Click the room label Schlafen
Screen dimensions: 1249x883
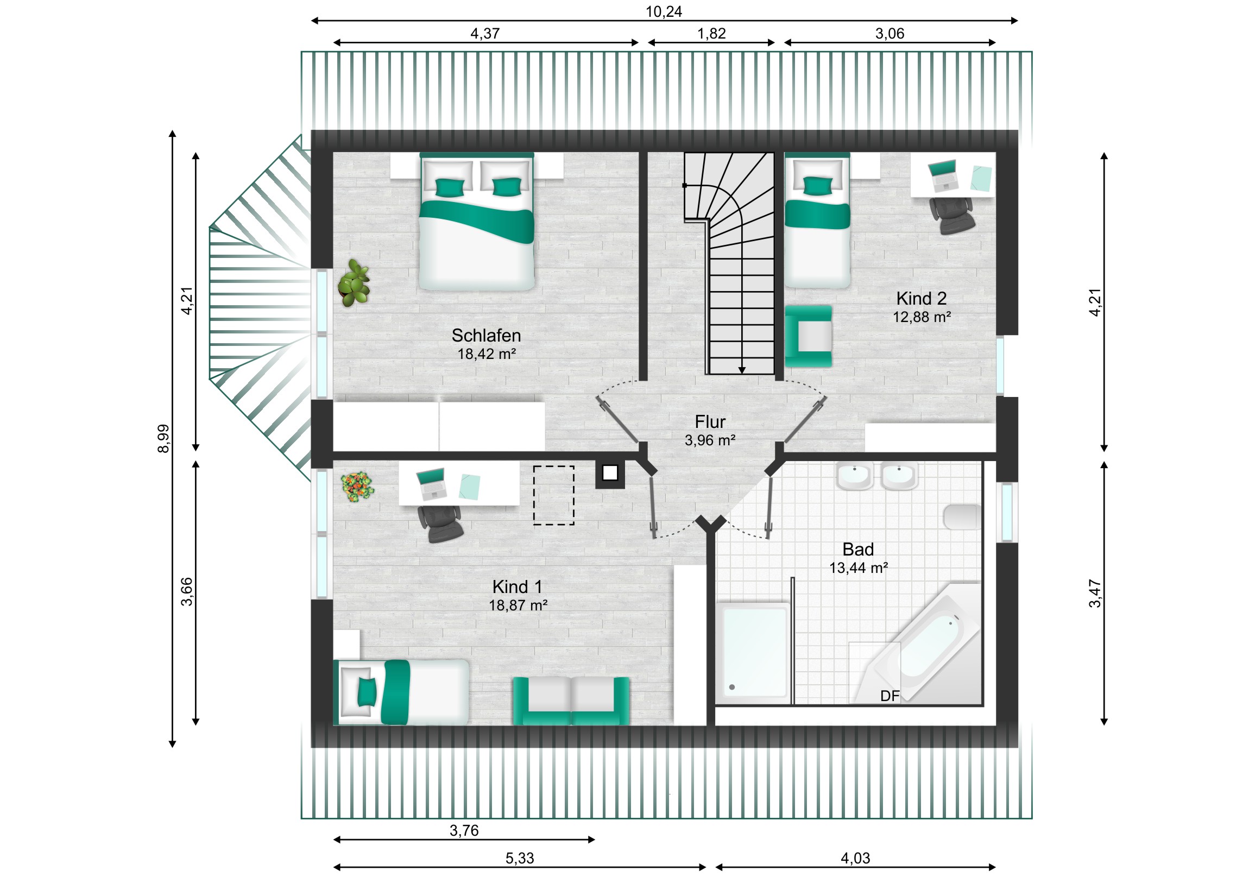(x=486, y=335)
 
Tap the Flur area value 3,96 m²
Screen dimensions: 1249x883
(x=710, y=440)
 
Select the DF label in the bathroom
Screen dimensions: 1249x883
(x=890, y=696)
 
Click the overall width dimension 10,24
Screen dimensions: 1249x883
(x=664, y=11)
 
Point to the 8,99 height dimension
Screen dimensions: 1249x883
(x=163, y=438)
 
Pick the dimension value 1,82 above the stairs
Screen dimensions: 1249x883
(x=711, y=34)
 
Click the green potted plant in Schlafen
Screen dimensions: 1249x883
(x=354, y=283)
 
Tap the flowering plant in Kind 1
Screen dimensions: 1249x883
(x=357, y=487)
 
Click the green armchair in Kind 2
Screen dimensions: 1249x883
(x=809, y=336)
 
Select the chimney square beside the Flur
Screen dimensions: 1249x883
(x=610, y=474)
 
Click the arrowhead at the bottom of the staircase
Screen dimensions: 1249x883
(x=741, y=370)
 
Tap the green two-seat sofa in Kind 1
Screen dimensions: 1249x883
(x=571, y=701)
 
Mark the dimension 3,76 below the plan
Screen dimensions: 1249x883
(x=464, y=831)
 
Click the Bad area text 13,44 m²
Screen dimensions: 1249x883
(x=859, y=568)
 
